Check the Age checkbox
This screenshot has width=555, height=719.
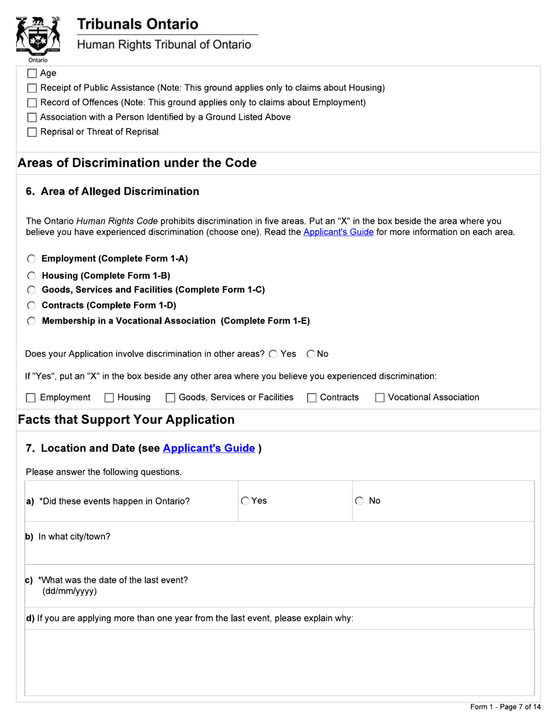point(32,74)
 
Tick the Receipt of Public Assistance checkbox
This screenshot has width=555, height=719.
point(32,88)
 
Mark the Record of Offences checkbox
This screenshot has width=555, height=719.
point(32,103)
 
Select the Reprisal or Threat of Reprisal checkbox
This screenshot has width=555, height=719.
point(32,132)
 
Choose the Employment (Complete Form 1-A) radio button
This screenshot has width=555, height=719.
point(32,259)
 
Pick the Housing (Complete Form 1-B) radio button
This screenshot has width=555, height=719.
point(32,276)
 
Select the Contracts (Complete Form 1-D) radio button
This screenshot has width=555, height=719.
point(32,305)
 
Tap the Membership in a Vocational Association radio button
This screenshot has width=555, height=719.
point(32,321)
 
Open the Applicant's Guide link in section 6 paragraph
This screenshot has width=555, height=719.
point(338,232)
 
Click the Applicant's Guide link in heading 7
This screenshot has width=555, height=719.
point(209,448)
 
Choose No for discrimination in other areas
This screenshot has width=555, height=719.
point(311,354)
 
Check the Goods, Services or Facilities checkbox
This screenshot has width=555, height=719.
point(171,398)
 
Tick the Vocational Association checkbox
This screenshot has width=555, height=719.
point(380,398)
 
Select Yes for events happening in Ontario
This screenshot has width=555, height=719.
point(245,501)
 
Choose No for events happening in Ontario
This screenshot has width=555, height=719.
point(359,501)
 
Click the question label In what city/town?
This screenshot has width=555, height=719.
point(74,537)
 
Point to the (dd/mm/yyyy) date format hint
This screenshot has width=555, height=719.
point(70,591)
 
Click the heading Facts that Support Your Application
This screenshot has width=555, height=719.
point(126,420)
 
